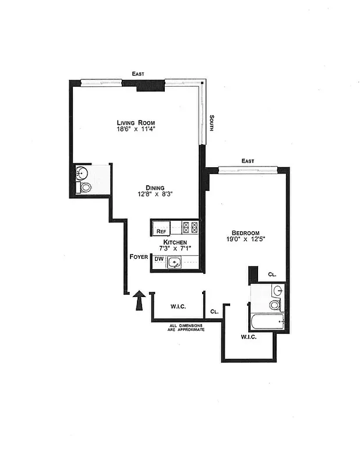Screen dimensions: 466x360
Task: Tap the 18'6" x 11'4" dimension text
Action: pos(136,130)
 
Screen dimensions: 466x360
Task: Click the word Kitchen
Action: pos(175,242)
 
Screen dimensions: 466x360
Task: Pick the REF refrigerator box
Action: pos(161,231)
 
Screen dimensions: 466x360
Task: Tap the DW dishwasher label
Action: pos(158,259)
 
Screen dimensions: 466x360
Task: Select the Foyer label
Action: pos(139,256)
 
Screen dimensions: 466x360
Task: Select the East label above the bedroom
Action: pos(248,161)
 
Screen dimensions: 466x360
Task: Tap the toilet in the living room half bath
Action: pos(86,188)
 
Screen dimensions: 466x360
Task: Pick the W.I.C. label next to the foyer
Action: pos(178,306)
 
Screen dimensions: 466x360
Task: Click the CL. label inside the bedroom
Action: pos(271,274)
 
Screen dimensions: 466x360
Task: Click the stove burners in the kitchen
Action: pos(190,227)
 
